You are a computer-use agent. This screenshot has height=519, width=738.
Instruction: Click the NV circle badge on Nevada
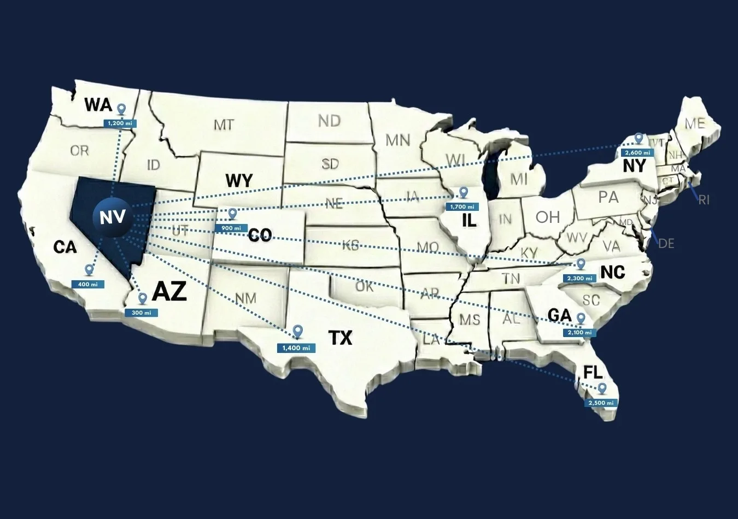[x=113, y=218]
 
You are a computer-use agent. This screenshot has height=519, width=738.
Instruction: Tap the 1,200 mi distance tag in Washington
[x=120, y=123]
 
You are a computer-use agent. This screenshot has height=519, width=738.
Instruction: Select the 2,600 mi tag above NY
[x=637, y=152]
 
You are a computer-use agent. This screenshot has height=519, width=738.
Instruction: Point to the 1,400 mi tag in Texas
[x=296, y=348]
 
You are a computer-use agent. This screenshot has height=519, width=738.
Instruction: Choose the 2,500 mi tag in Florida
[x=601, y=403]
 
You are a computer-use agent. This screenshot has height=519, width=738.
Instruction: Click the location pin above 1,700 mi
[x=464, y=192]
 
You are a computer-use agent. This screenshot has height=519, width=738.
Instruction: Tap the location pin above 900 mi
[x=233, y=214]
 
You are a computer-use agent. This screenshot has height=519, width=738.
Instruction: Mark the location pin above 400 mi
[x=89, y=270]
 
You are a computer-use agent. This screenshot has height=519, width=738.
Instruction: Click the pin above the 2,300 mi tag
[x=581, y=264]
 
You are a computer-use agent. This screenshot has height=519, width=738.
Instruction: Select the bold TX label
[x=340, y=338]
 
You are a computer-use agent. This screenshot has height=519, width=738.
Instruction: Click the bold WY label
[x=239, y=180]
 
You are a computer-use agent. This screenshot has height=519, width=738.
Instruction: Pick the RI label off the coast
[x=704, y=200]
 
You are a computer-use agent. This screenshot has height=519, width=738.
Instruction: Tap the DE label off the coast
[x=666, y=243]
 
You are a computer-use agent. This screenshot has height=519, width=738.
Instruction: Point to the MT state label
[x=224, y=125]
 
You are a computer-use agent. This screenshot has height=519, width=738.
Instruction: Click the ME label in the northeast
[x=695, y=123]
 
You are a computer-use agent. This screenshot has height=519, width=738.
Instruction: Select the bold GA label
[x=559, y=315]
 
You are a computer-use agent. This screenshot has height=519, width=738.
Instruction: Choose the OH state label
[x=548, y=217]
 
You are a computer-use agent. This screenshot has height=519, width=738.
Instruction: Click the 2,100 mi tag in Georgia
[x=579, y=332]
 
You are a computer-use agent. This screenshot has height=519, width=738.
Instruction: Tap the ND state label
[x=329, y=121]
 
